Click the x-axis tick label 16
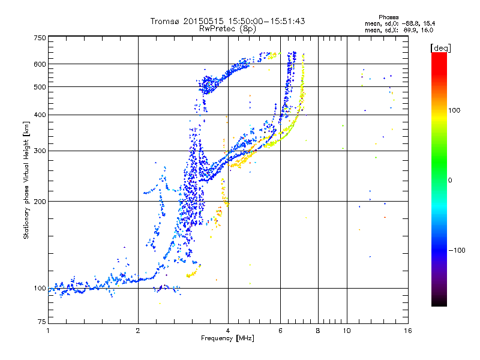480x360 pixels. [x=408, y=331]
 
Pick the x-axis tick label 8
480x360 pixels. [x=318, y=331]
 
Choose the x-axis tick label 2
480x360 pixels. [x=138, y=331]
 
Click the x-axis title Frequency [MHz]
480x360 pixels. [x=227, y=338]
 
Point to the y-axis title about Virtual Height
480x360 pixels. [x=26, y=180]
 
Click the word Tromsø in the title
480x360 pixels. [x=166, y=21]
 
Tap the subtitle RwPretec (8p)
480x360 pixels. [x=227, y=28]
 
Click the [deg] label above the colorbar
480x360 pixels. [x=439, y=47]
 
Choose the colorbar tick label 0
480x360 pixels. [x=451, y=180]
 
